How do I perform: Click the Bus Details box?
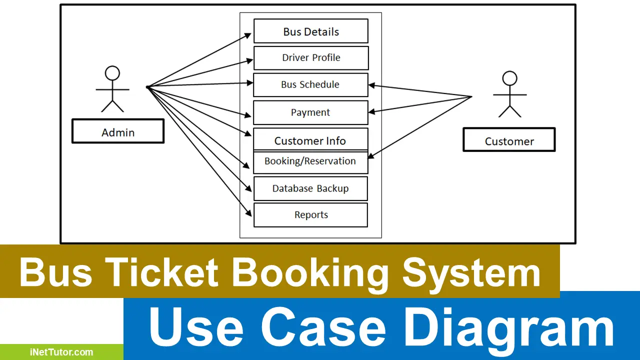(311, 31)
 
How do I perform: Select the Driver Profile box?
(311, 58)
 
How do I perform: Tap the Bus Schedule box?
(310, 85)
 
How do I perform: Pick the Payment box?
(310, 112)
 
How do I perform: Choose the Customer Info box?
(310, 139)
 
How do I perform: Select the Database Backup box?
(310, 188)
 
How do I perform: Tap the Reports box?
(310, 215)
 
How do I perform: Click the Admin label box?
(118, 131)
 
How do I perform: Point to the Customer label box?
(509, 139)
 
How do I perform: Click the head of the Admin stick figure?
(112, 73)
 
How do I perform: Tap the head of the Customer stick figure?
(509, 78)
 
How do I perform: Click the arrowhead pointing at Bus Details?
(247, 35)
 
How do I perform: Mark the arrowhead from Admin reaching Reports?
(249, 213)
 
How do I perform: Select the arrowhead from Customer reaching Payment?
(371, 111)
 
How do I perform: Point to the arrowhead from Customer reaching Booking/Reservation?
(370, 155)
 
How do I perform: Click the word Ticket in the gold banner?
(163, 272)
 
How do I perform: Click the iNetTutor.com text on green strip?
(61, 352)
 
